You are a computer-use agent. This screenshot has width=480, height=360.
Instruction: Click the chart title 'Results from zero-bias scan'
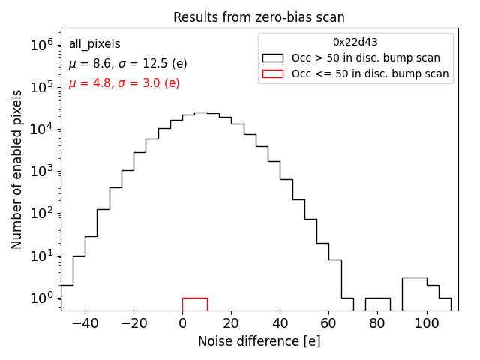[259, 17]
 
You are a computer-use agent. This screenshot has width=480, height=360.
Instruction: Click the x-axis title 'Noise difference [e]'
[259, 341]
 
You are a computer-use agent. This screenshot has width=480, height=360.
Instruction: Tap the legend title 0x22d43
[355, 42]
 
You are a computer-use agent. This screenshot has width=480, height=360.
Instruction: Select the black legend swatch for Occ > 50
[272, 58]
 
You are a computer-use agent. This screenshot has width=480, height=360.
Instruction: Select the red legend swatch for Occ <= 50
[272, 73]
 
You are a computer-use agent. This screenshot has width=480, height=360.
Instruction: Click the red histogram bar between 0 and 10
[194, 304]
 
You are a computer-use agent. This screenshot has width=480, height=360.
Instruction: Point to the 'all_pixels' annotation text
[94, 44]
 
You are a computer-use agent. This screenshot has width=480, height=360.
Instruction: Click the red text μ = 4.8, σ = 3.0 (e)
[124, 83]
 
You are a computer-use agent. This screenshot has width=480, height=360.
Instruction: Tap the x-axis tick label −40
[85, 323]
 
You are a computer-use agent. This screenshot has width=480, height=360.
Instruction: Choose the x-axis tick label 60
[328, 323]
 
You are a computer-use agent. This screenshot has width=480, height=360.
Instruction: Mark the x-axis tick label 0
[182, 323]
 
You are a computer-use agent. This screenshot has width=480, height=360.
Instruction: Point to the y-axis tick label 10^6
[42, 45]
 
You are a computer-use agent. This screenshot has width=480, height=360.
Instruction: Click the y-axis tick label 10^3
[42, 171]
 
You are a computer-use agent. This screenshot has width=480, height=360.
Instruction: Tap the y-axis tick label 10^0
[42, 298]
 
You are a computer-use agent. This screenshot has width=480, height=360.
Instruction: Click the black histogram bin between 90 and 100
[414, 293]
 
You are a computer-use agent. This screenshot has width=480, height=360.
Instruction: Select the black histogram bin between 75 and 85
[377, 304]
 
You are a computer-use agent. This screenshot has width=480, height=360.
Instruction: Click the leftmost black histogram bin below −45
[67, 297]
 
